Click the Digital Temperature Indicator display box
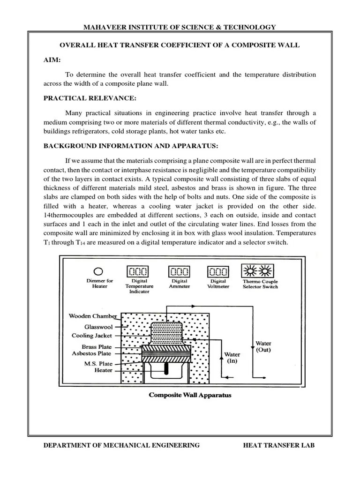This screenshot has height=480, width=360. click(x=137, y=271)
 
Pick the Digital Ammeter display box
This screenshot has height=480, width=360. click(x=179, y=271)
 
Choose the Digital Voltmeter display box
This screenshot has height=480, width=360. click(x=218, y=271)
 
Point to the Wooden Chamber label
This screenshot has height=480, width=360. click(x=92, y=316)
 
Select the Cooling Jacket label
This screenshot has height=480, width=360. click(x=92, y=336)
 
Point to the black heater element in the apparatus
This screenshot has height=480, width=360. click(x=165, y=368)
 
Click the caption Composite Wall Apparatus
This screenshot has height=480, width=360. click(x=190, y=395)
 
